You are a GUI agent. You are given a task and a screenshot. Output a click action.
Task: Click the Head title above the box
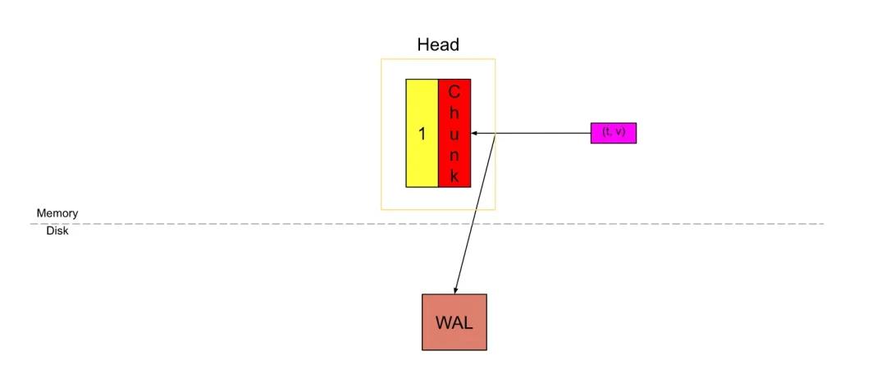438,44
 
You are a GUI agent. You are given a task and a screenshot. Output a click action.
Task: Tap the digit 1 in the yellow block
422,134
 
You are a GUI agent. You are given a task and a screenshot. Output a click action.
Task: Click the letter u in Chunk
454,134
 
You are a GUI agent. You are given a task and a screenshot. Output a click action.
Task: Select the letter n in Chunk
454,155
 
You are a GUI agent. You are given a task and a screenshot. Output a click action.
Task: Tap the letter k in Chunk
454,176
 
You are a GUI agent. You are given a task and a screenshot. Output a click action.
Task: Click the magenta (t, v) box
614,132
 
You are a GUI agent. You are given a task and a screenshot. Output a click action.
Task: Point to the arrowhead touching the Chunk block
475,133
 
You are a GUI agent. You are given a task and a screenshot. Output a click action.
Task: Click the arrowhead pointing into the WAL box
456,290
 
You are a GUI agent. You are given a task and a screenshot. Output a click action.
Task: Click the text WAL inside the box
454,322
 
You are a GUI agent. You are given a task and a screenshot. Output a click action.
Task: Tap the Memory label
57,213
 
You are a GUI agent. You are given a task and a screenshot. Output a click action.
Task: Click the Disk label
57,231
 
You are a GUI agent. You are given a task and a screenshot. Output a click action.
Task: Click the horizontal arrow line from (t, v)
541,133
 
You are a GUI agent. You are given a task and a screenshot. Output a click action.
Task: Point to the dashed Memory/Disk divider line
656,223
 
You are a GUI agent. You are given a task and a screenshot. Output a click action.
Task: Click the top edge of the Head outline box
438,59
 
